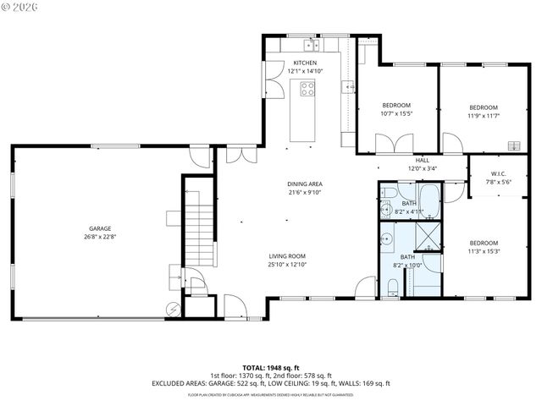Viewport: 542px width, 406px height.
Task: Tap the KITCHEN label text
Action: [x=305, y=63]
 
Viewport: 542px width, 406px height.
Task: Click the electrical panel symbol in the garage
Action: [x=174, y=310]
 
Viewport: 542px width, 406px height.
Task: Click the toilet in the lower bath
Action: [x=391, y=289]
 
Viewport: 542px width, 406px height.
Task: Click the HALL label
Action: [x=422, y=160]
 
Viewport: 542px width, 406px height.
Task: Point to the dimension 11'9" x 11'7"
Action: [x=484, y=116]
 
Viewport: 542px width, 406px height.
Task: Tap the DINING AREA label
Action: [x=304, y=184]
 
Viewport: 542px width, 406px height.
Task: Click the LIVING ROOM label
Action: [x=287, y=255]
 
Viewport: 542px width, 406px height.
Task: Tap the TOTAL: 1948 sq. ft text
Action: [x=270, y=367]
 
